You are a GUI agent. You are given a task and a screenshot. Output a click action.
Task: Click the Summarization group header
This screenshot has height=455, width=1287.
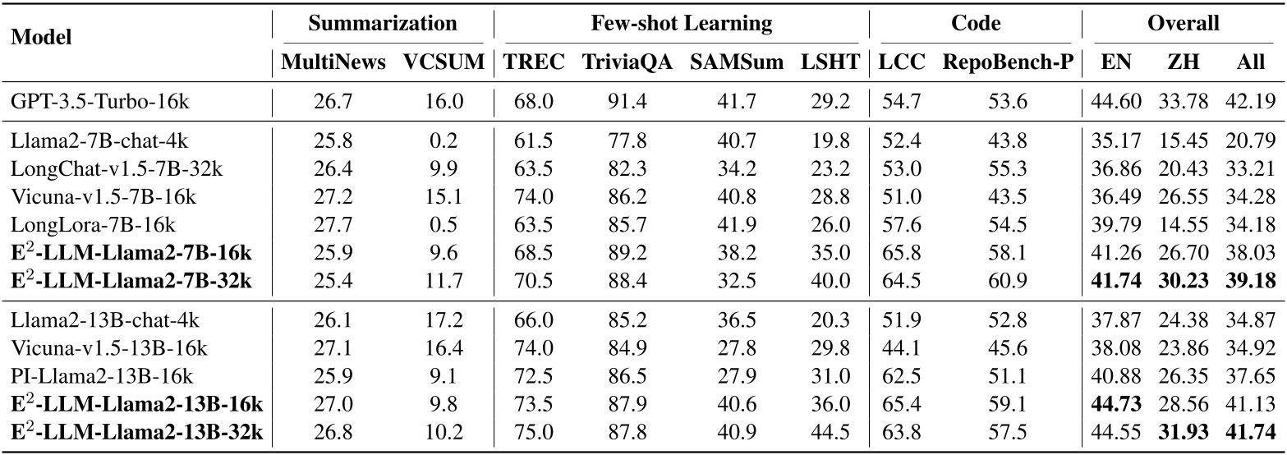tap(382, 23)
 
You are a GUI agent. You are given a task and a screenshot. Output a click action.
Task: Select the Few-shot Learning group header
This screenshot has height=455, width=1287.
tap(681, 23)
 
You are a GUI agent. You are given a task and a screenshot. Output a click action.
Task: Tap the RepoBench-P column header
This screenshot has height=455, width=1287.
tap(1009, 63)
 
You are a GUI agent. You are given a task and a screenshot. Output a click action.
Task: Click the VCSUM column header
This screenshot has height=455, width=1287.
tap(444, 63)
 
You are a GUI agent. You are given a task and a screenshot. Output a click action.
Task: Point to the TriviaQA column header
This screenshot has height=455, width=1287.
tap(627, 63)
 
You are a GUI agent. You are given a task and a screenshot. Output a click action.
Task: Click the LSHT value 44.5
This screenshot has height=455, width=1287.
tap(833, 430)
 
